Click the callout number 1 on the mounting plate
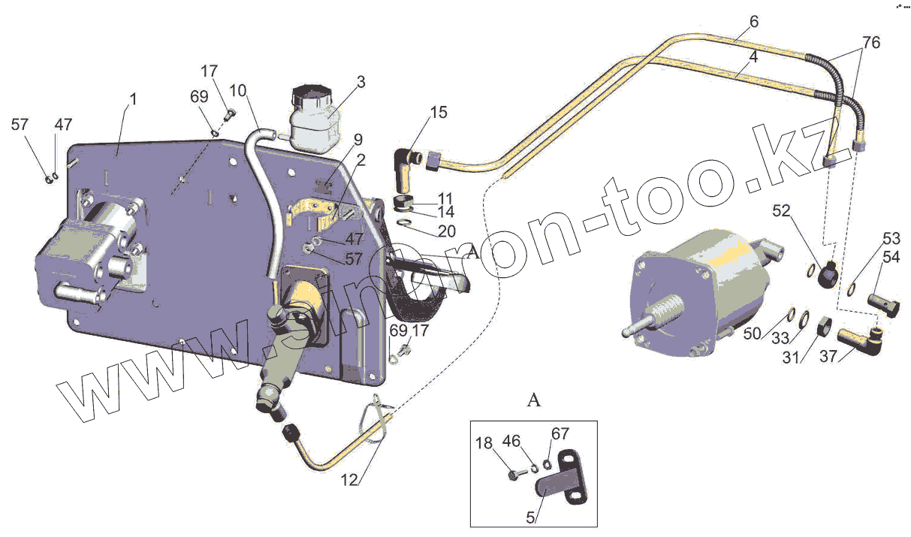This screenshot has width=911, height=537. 133,98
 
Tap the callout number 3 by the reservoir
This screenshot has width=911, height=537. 360,82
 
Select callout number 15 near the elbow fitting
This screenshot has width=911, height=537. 439,113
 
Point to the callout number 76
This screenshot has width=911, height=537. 871,42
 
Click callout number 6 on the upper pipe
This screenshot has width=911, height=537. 753,22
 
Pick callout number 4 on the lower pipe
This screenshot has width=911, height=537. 753,56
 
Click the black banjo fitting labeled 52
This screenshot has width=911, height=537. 828,273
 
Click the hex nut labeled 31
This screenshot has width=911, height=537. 822,324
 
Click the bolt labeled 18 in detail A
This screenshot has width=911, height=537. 514,476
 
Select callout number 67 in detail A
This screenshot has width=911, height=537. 560,433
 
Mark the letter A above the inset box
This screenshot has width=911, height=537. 534,400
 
